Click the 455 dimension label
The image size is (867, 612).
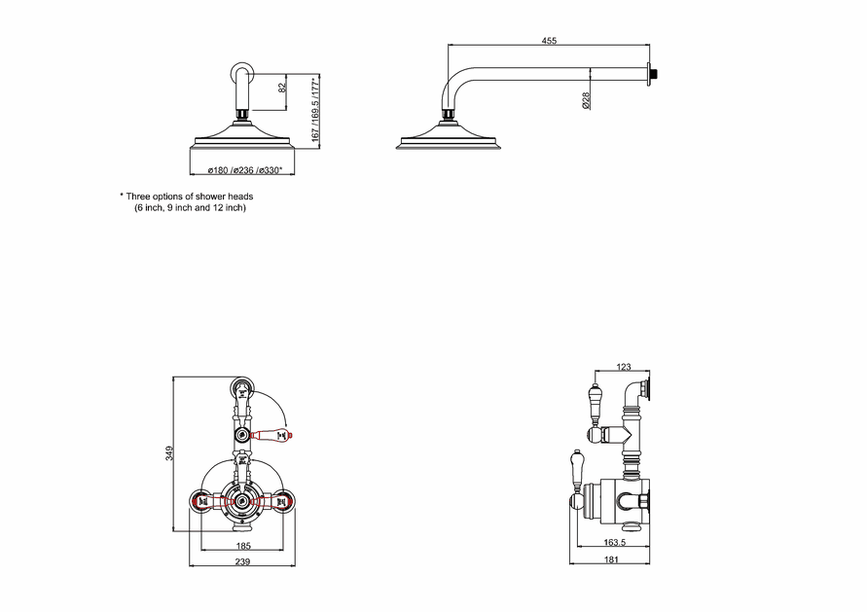[549, 40]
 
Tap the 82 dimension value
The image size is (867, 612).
[282, 88]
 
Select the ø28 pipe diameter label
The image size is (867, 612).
[586, 100]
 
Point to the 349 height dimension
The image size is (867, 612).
[169, 453]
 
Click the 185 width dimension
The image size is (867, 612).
[243, 546]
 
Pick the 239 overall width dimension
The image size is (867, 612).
[242, 561]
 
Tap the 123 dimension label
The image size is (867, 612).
[623, 367]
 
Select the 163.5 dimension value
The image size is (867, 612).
[615, 542]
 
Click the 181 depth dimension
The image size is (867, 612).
[611, 559]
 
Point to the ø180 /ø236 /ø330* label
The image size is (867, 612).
[245, 170]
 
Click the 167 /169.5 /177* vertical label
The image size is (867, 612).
[315, 109]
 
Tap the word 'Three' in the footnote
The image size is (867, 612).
[137, 197]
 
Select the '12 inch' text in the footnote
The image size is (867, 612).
[229, 208]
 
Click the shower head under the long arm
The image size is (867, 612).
[449, 136]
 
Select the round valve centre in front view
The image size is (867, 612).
[242, 501]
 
